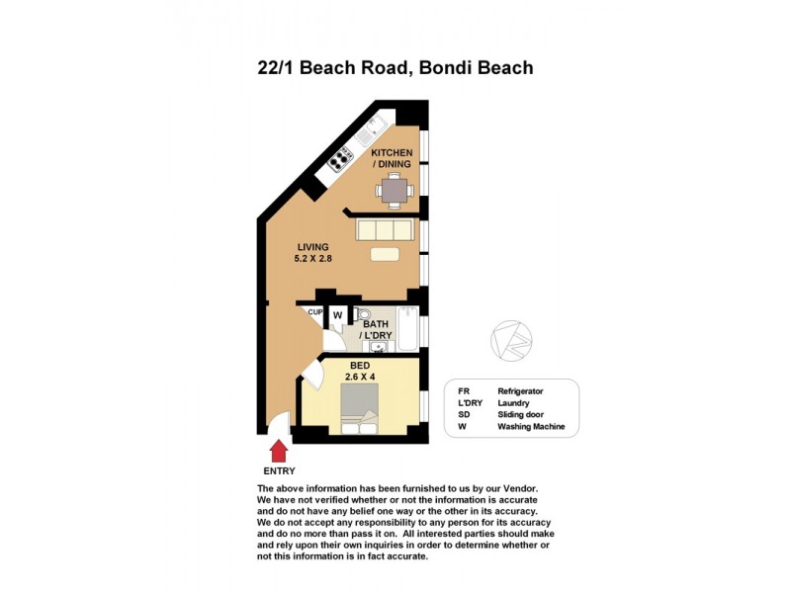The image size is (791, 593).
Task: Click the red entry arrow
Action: click(279, 451)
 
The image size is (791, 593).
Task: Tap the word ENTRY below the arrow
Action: click(279, 471)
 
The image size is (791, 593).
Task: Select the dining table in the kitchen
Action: click(395, 188)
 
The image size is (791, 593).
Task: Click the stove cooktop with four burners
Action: click(342, 158)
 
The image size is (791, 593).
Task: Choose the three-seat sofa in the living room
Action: click(385, 229)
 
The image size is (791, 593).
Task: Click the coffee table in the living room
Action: click(385, 254)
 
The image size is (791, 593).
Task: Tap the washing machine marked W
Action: click(337, 316)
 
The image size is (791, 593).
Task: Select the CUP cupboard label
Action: click(315, 312)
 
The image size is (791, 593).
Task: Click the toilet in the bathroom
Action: click(362, 314)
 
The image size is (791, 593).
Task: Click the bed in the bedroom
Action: click(358, 408)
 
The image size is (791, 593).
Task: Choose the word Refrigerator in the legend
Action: click(520, 391)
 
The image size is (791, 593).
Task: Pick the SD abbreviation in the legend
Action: click(464, 415)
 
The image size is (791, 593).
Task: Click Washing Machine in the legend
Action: click(531, 427)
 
